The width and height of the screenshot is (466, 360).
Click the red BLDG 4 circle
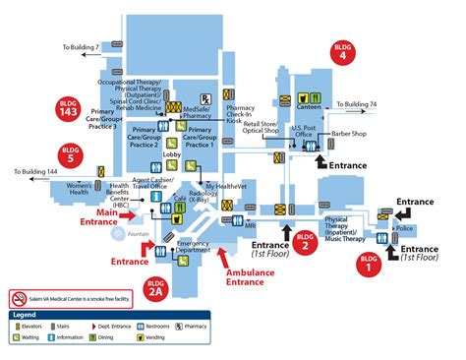pyautogui.click(x=342, y=52)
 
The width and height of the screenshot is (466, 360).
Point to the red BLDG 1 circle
pyautogui.click(x=369, y=263)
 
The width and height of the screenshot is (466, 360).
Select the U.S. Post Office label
pyautogui.click(x=305, y=131)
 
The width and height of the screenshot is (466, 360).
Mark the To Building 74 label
pyautogui.click(x=357, y=102)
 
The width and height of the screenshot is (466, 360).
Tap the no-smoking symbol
pyautogui.click(x=17, y=297)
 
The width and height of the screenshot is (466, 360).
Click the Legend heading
pyautogui.click(x=27, y=314)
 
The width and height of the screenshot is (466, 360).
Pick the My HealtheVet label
pyautogui.click(x=224, y=185)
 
